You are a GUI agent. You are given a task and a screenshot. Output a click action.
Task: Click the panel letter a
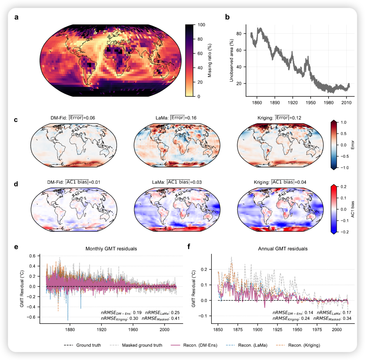(16, 17)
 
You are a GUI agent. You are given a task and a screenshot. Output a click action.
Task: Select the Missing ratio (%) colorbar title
(210, 60)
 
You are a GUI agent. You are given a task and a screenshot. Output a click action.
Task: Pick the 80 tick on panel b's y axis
(240, 34)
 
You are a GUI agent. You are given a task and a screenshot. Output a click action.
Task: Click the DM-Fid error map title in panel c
(73, 118)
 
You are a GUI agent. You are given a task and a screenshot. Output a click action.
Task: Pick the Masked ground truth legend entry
(142, 345)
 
